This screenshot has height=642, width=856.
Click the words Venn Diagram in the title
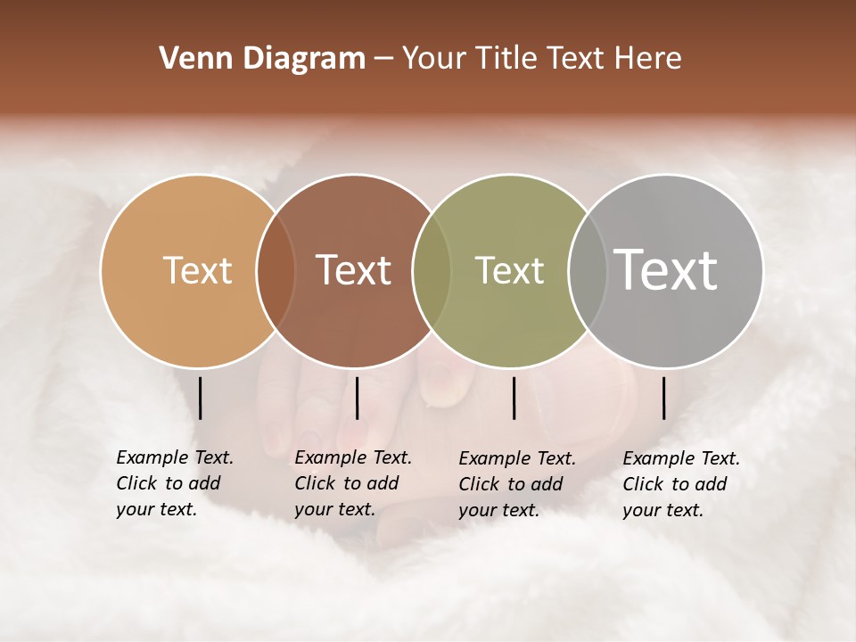(262, 59)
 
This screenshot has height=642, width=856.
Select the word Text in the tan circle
(198, 270)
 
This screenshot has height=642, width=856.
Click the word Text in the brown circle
(354, 270)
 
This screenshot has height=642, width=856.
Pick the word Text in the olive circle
(509, 270)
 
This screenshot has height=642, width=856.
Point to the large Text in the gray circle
(666, 269)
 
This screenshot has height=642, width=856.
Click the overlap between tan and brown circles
(276, 270)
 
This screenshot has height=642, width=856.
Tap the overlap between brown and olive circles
(432, 270)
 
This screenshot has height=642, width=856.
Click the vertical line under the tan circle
(201, 398)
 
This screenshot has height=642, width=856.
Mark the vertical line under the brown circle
(357, 398)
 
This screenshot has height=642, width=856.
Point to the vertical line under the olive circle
(514, 398)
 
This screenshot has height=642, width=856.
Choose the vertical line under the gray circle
(664, 398)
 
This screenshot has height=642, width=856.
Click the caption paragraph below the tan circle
(174, 483)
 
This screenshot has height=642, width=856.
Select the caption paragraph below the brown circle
(352, 483)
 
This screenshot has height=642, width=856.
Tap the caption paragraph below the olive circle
(516, 484)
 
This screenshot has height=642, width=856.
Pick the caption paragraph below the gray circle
(680, 484)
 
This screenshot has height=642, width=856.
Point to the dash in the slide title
(383, 60)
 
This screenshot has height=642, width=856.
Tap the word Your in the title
(434, 59)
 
